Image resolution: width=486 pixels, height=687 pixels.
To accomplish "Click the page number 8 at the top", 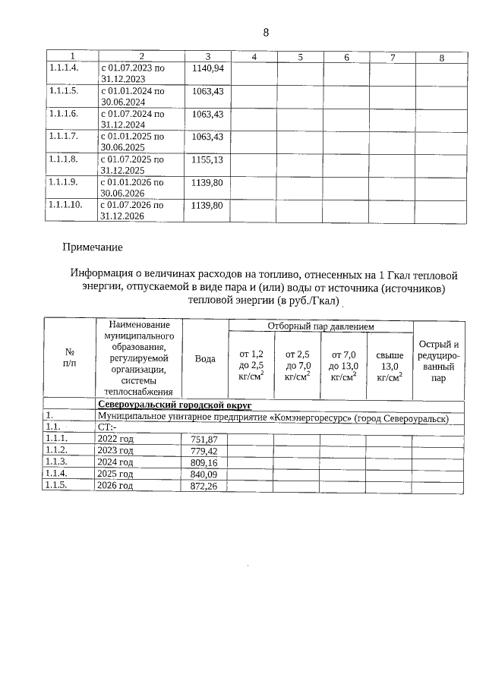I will tap(266, 33).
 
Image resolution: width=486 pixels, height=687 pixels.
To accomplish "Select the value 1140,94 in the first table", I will tap(208, 68).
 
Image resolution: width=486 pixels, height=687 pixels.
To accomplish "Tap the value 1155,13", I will tap(208, 160).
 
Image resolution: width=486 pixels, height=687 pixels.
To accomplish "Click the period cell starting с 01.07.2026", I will tap(132, 210).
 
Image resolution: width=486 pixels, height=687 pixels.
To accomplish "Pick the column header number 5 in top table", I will tap(301, 58).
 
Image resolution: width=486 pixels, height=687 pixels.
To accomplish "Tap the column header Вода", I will tap(205, 358).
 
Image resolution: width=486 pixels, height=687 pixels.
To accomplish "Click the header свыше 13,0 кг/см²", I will tap(390, 365).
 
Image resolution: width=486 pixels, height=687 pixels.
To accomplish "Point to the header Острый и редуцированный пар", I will tap(438, 361).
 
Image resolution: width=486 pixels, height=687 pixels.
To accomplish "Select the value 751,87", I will tap(205, 439).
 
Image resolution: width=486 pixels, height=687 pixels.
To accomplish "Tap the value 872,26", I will tap(205, 484).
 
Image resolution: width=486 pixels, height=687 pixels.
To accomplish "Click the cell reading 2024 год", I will tap(116, 462).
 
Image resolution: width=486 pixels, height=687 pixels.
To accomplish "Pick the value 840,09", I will tap(205, 473).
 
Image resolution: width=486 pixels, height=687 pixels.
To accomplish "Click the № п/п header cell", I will tap(69, 358).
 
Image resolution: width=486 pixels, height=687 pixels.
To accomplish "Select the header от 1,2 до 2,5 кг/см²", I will tap(251, 365).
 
